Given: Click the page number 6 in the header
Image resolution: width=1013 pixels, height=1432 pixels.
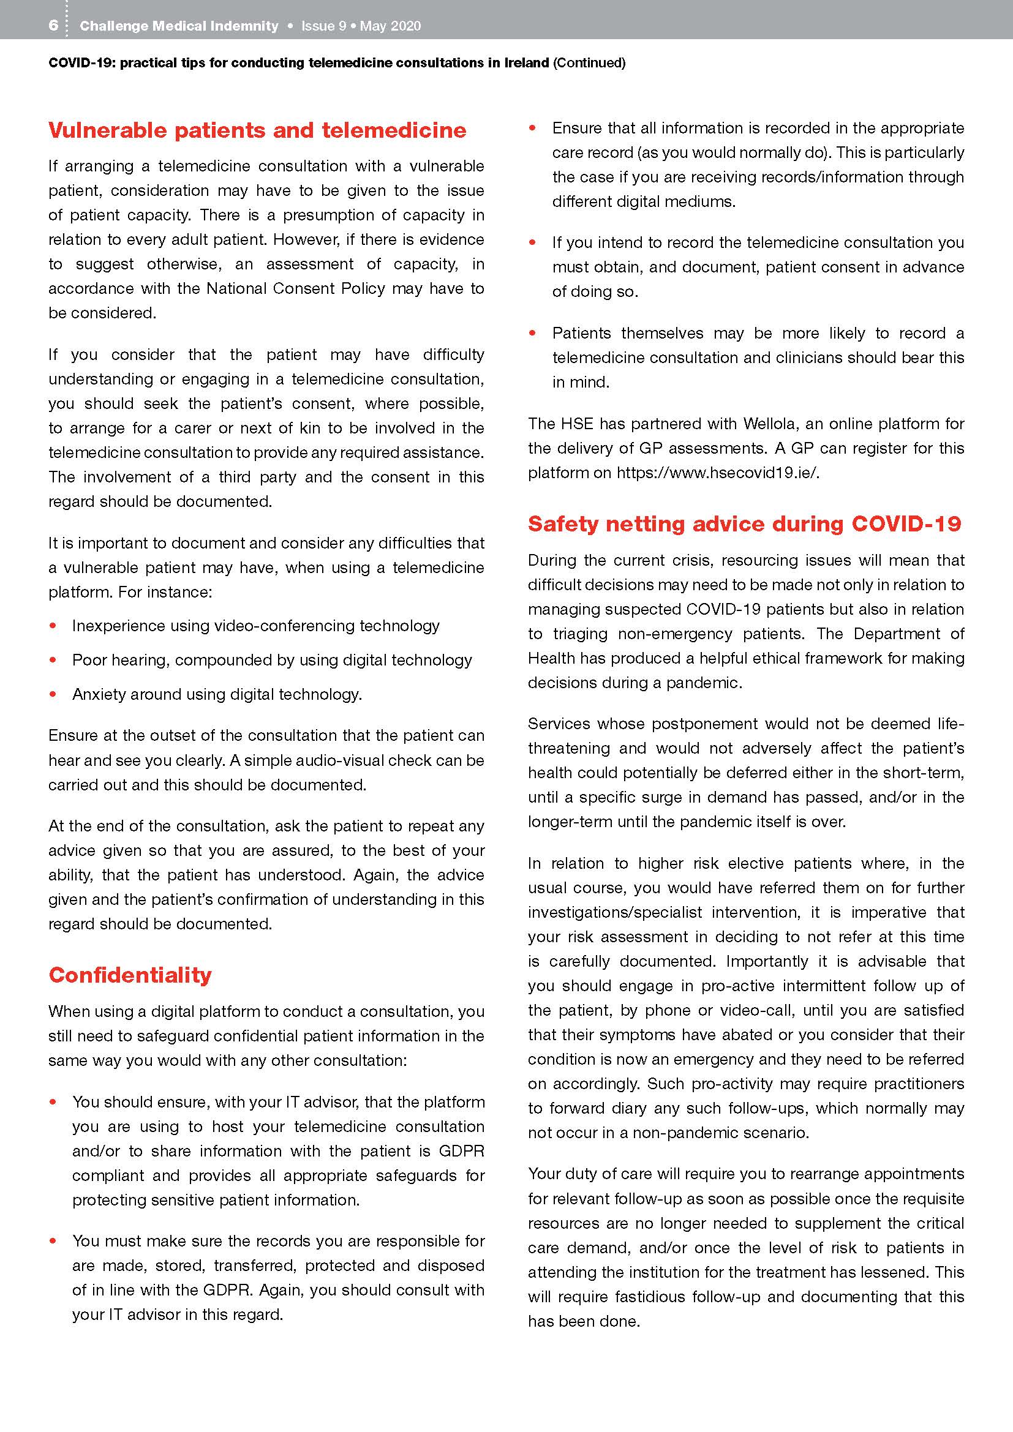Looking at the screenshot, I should (x=54, y=26).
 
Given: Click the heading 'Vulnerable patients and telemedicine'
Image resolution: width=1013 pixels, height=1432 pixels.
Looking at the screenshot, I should (x=257, y=130).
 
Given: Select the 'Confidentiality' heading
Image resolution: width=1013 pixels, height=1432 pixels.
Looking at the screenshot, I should (x=130, y=975).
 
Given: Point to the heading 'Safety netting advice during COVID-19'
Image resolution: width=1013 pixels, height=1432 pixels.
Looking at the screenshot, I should (x=744, y=523).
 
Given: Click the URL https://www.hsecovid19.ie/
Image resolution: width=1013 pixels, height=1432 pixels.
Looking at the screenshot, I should (x=717, y=473).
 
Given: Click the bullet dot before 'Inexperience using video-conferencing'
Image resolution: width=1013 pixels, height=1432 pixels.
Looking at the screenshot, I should (x=54, y=626).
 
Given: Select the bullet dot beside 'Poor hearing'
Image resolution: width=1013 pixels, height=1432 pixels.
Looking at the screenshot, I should (x=54, y=660).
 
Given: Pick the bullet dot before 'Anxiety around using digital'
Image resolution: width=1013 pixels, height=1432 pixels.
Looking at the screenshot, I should (x=54, y=694).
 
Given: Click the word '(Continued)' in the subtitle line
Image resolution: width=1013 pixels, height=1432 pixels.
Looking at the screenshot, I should (x=589, y=63).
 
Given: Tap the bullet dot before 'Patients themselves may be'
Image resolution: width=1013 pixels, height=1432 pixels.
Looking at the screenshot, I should (x=533, y=333).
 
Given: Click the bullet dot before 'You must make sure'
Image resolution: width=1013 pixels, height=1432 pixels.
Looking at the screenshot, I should (x=54, y=1241).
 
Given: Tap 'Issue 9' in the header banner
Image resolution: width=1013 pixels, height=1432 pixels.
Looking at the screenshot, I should (x=323, y=26).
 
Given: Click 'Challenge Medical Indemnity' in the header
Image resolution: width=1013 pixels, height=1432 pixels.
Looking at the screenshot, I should (x=179, y=26).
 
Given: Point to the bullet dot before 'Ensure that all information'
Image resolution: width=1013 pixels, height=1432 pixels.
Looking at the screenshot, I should (x=533, y=129).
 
